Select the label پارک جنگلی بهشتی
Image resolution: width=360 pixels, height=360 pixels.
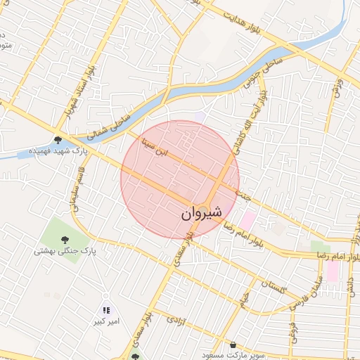(65, 250)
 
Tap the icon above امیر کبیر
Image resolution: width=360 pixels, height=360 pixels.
(106, 310)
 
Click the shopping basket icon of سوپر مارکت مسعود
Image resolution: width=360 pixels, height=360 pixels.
(233, 345)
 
